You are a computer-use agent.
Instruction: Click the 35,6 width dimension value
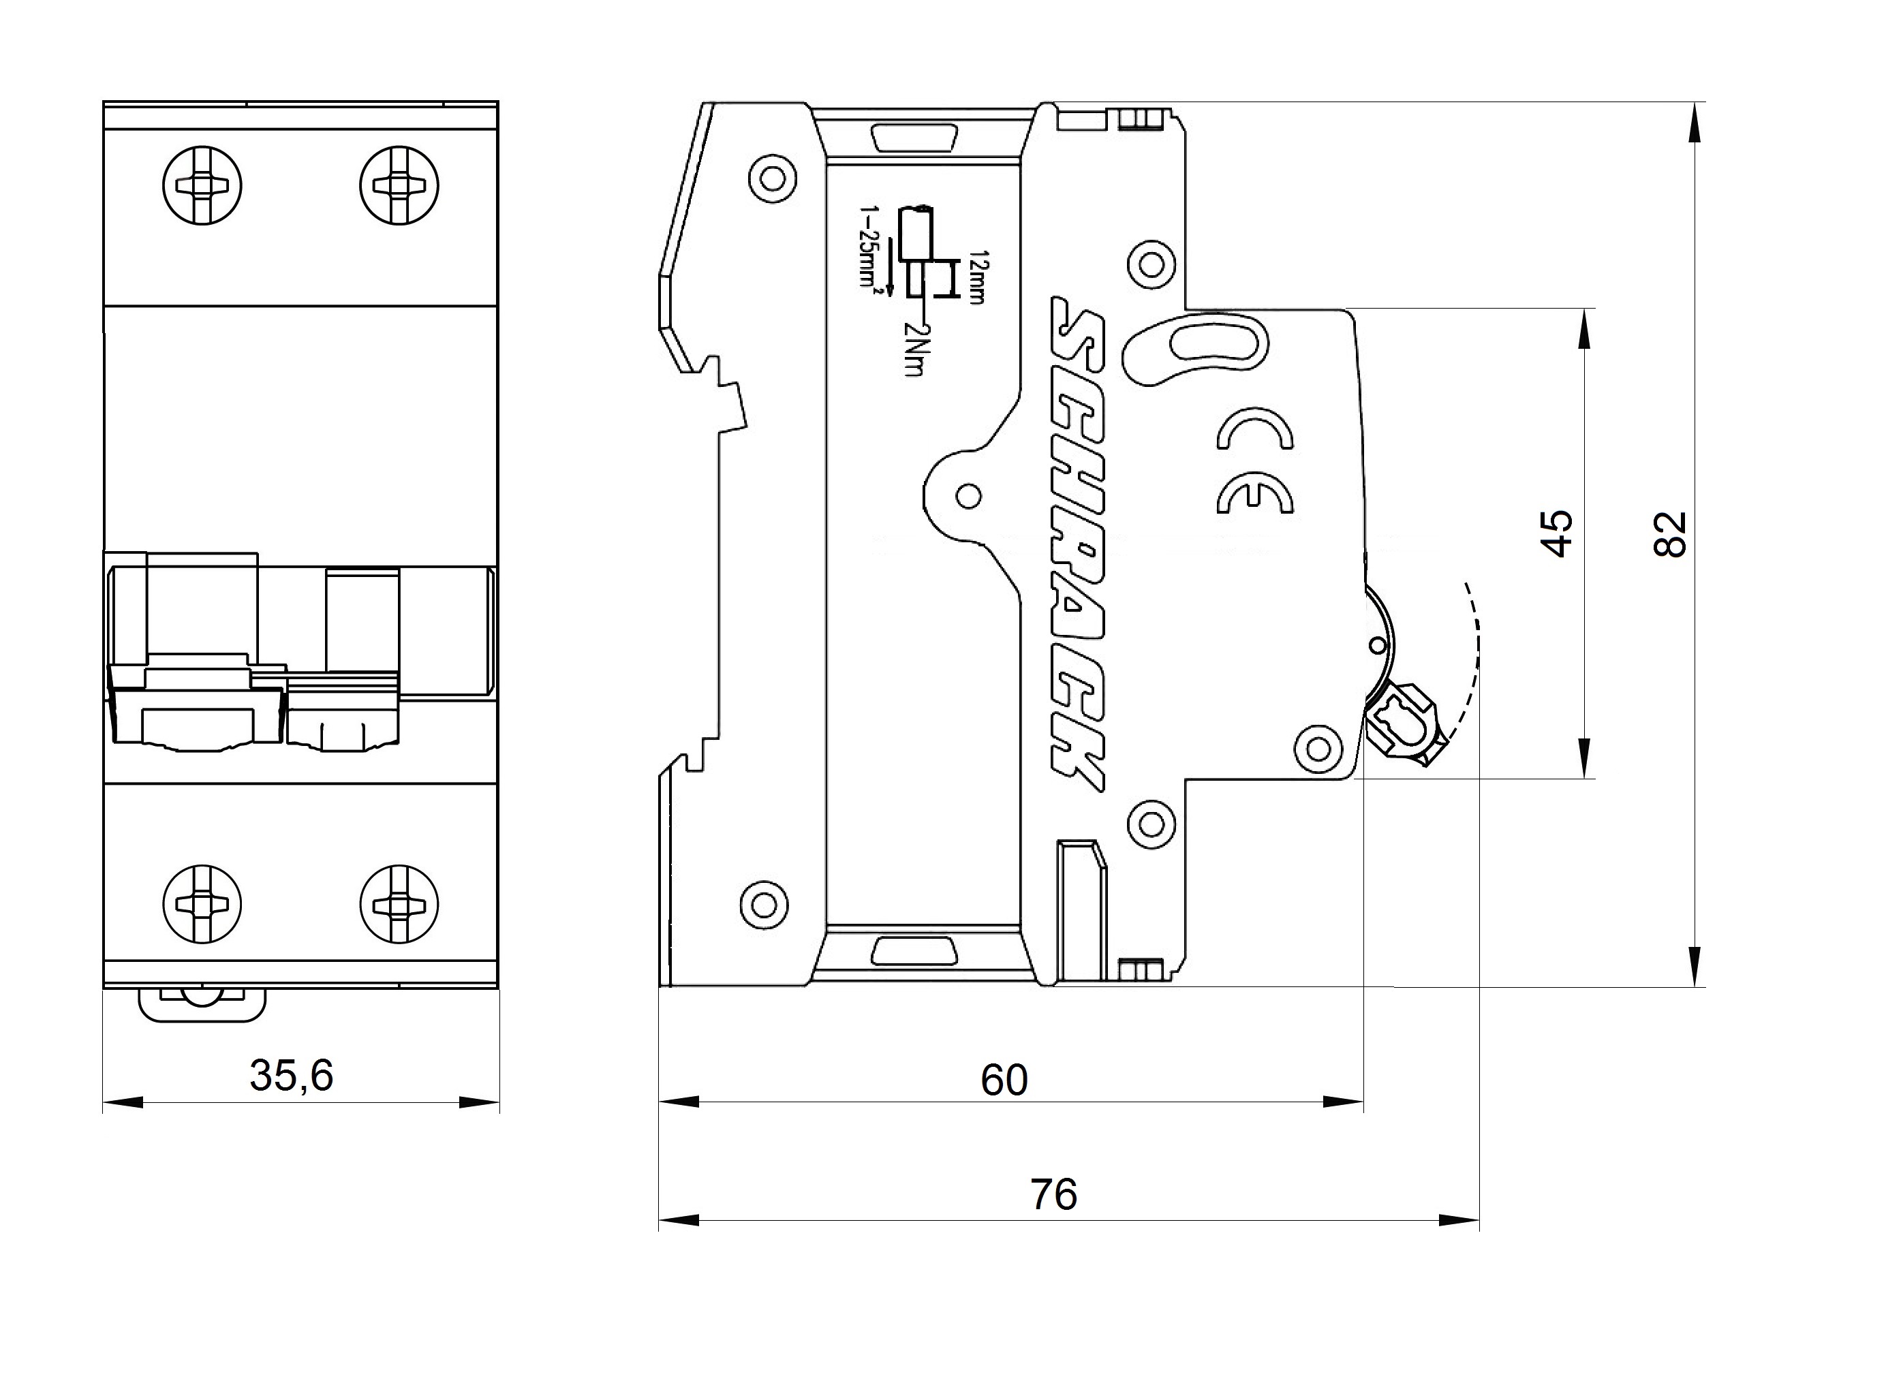click(292, 1076)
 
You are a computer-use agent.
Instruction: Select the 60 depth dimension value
click(1004, 1080)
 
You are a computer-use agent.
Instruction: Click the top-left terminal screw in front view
click(202, 185)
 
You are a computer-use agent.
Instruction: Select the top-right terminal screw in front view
click(399, 185)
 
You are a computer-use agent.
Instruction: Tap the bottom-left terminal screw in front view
click(202, 904)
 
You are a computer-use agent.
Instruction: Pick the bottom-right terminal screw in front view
click(399, 904)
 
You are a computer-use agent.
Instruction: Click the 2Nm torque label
click(914, 350)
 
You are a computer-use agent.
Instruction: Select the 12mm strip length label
click(976, 277)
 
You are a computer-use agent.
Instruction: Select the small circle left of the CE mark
click(968, 496)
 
